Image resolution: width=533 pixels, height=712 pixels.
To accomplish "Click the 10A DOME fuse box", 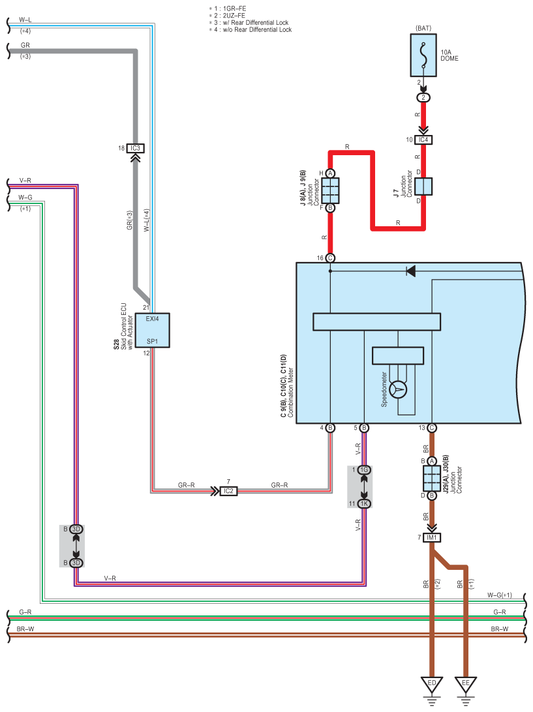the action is click(423, 55).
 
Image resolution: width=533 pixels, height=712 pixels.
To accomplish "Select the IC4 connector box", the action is click(423, 140).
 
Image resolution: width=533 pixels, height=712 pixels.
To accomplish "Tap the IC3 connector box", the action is click(136, 148).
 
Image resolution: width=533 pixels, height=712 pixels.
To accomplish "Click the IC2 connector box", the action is click(228, 491).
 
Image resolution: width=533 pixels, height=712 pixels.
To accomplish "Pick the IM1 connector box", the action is click(432, 538).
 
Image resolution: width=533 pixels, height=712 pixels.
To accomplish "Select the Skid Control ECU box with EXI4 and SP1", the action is click(152, 330).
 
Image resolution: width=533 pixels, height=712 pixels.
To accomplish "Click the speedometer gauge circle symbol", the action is click(398, 389).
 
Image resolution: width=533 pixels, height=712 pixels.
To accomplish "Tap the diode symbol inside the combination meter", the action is click(410, 271).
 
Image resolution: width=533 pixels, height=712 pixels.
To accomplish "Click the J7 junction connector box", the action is click(423, 186).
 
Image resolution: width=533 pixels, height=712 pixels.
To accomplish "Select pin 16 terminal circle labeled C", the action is click(330, 258).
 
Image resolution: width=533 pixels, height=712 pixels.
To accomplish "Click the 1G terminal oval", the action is click(364, 470).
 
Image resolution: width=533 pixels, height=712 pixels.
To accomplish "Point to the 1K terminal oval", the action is click(364, 503).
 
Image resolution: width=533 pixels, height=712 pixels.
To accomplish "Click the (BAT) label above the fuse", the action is click(423, 28).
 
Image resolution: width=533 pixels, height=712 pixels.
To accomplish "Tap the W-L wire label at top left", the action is click(25, 20).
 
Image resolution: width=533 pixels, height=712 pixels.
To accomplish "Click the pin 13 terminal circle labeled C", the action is click(432, 428).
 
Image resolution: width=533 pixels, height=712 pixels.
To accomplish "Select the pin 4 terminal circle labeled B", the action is click(330, 428).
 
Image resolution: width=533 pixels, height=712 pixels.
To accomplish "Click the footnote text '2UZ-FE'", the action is click(234, 16).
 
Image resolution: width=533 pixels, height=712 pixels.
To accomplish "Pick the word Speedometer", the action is click(384, 389).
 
